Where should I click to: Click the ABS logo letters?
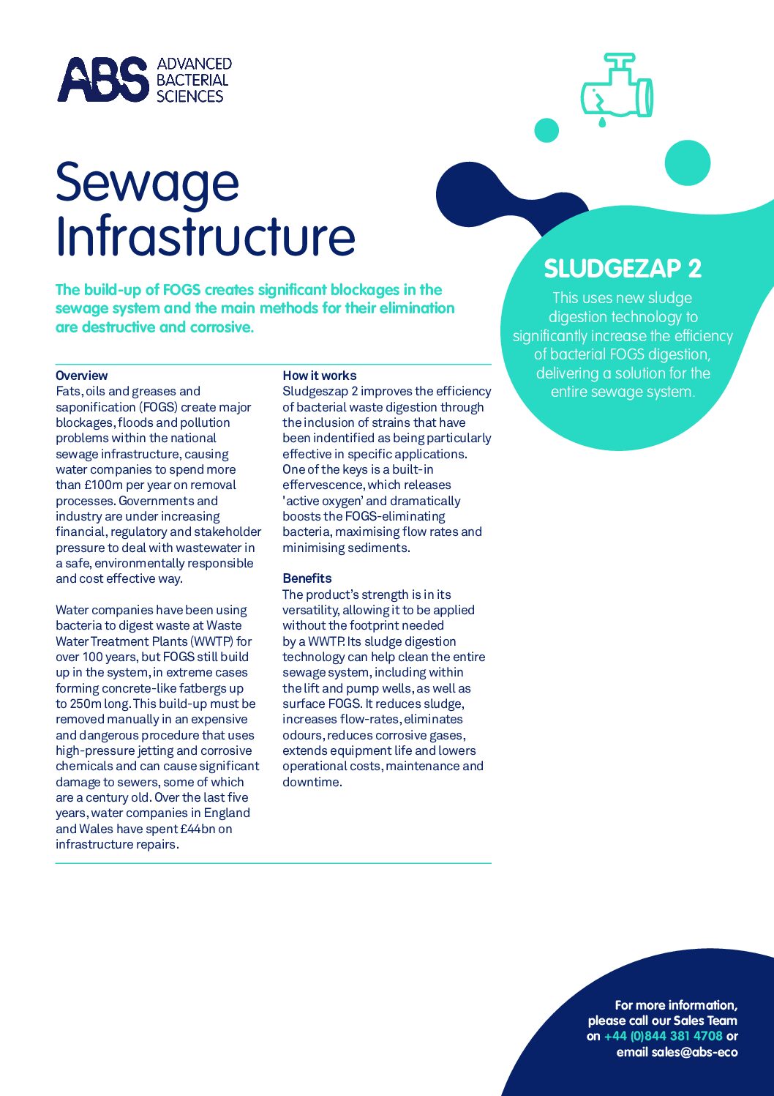click(102, 80)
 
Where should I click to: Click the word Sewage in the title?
click(147, 183)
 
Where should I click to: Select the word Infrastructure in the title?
click(206, 236)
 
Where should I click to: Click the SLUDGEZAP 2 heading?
click(623, 269)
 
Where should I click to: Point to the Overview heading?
click(81, 376)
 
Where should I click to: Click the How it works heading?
click(319, 376)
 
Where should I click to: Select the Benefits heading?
click(307, 578)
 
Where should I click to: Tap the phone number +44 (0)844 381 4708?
click(663, 1036)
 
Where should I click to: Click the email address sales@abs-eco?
click(677, 1052)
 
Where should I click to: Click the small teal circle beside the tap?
click(546, 130)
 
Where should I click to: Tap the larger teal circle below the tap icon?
click(687, 163)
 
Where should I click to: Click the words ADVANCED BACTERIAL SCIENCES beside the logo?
click(193, 80)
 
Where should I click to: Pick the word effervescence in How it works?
click(322, 485)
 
